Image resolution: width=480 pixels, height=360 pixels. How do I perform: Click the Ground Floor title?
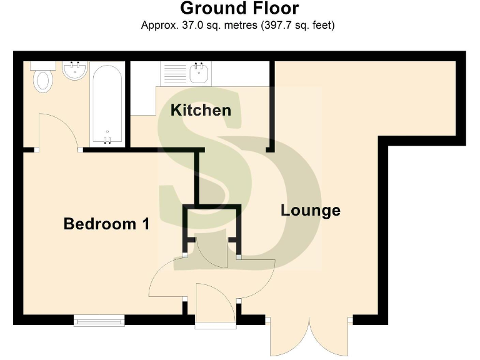[x=239, y=9]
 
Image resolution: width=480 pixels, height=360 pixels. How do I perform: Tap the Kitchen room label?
[x=201, y=111]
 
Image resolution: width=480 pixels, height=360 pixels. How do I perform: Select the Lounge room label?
[x=311, y=210]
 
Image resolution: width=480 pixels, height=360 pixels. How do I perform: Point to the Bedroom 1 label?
[x=106, y=224]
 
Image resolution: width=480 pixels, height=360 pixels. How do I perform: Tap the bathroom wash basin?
[x=76, y=71]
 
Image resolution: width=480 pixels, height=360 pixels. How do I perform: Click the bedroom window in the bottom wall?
[x=99, y=321]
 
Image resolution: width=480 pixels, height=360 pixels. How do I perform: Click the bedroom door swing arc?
[x=167, y=281]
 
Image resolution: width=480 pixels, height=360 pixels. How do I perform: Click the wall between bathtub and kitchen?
[x=127, y=103]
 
